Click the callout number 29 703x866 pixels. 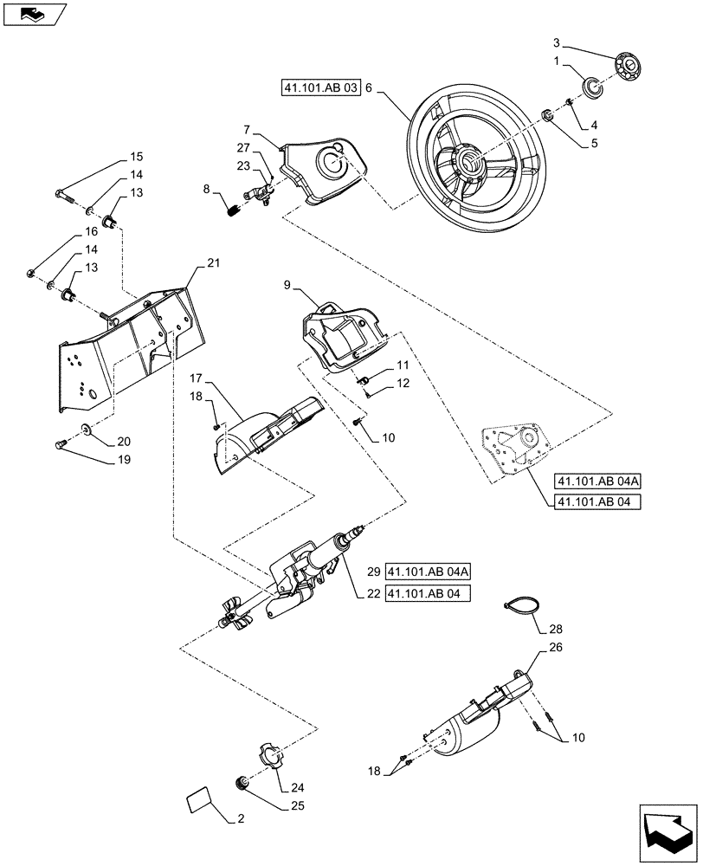(373, 572)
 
